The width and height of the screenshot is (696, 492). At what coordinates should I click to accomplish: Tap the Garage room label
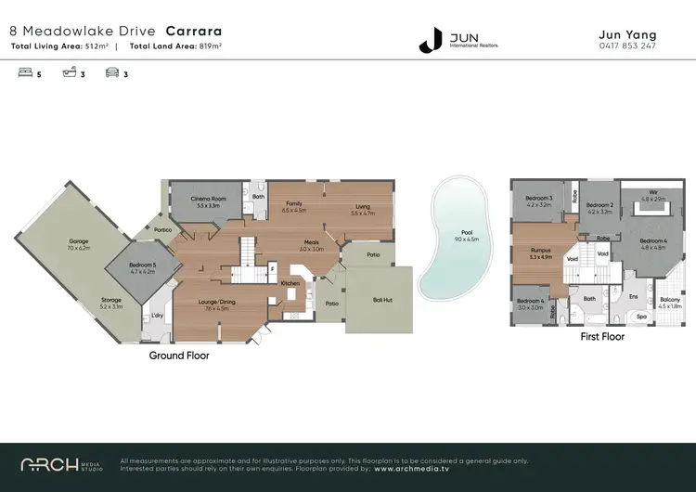(x=78, y=242)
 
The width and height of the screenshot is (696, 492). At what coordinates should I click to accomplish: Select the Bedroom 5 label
(x=141, y=266)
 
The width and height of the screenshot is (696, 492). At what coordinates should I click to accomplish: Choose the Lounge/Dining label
(x=217, y=301)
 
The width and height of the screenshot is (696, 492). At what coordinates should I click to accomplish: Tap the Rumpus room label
(x=540, y=250)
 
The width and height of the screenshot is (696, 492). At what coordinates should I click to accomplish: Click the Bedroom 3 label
(x=538, y=198)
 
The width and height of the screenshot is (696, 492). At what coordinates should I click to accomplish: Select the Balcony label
(x=669, y=300)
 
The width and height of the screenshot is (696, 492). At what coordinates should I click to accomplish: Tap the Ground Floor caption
(x=179, y=356)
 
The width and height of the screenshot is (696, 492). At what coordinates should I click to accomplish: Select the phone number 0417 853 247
(x=629, y=45)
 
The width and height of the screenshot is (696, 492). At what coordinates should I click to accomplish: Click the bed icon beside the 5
(x=25, y=74)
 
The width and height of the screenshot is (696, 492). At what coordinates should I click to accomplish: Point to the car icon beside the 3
(x=111, y=74)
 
